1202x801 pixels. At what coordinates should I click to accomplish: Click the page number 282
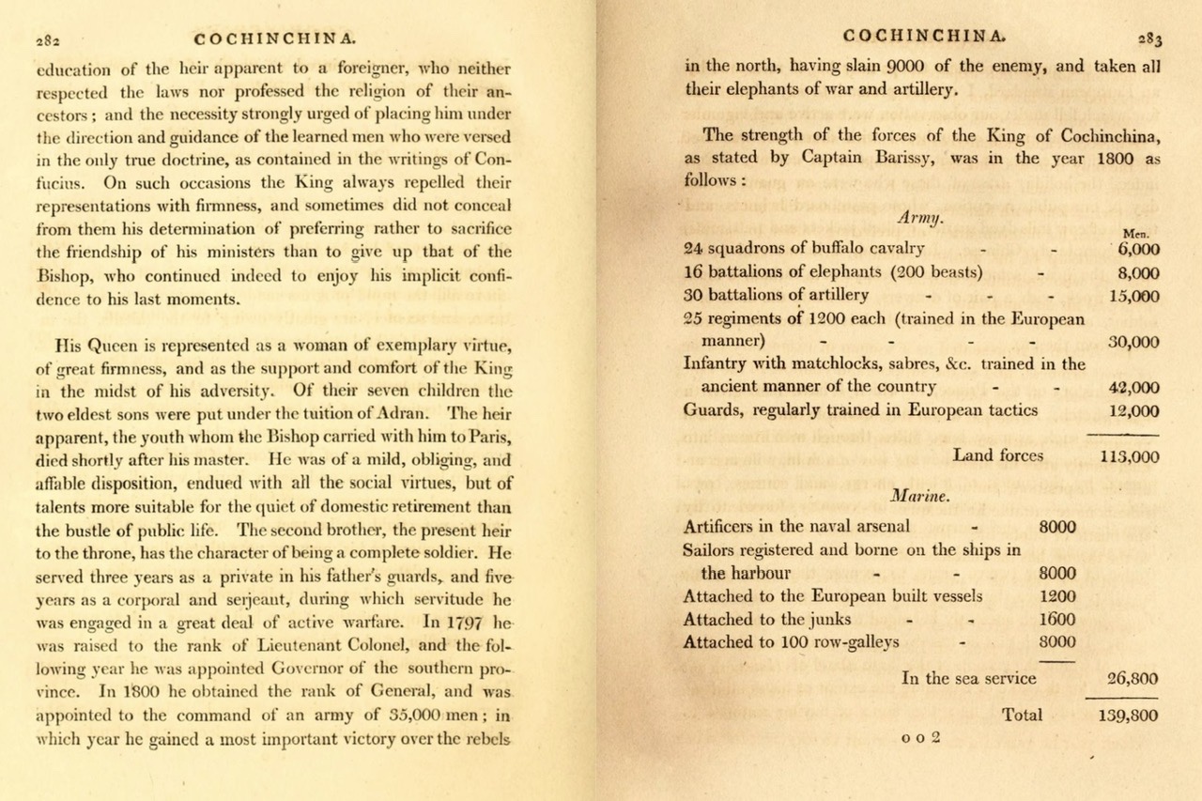[x=48, y=40]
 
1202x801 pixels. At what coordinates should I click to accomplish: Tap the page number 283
[x=1149, y=39]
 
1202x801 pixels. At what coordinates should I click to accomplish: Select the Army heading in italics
[x=920, y=216]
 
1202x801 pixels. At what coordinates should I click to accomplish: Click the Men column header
[x=1136, y=233]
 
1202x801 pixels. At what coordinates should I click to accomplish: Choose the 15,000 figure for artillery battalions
[x=1133, y=296]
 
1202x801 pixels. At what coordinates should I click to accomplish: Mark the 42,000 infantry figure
[x=1133, y=387]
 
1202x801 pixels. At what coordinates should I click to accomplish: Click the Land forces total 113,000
[x=1129, y=457]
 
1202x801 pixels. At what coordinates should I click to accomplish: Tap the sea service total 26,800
[x=1133, y=679]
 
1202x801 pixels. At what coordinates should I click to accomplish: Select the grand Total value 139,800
[x=1127, y=716]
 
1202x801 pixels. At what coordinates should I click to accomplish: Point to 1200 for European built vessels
[x=1057, y=596]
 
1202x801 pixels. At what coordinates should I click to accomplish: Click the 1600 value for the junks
[x=1057, y=620]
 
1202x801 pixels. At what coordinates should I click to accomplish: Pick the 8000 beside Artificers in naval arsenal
[x=1057, y=527]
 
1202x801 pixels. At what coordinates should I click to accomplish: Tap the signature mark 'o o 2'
[x=920, y=738]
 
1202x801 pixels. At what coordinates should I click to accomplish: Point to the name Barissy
[x=904, y=158]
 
